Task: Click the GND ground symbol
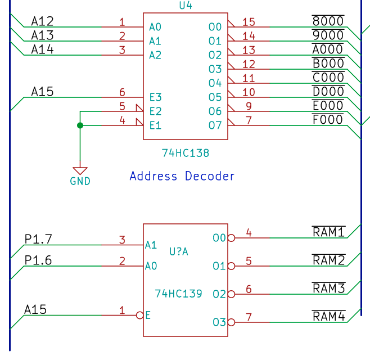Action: pyautogui.click(x=80, y=171)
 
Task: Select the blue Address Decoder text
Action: pyautogui.click(x=182, y=176)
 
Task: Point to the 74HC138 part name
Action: pyautogui.click(x=186, y=152)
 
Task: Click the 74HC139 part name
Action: pyautogui.click(x=178, y=293)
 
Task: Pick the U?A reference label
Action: pyautogui.click(x=179, y=251)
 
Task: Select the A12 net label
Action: pyautogui.click(x=42, y=21)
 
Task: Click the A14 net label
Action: pyautogui.click(x=42, y=49)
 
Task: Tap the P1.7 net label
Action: pyautogui.click(x=38, y=239)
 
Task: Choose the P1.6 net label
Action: pyautogui.click(x=38, y=260)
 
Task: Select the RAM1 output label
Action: pyautogui.click(x=328, y=232)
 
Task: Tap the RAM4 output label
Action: pyautogui.click(x=328, y=316)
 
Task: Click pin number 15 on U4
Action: pyautogui.click(x=249, y=22)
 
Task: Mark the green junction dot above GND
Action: pyautogui.click(x=80, y=125)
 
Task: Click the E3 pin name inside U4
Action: pyautogui.click(x=155, y=97)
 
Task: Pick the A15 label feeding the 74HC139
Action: pyautogui.click(x=35, y=309)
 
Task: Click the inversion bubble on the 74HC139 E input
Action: pyautogui.click(x=139, y=316)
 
